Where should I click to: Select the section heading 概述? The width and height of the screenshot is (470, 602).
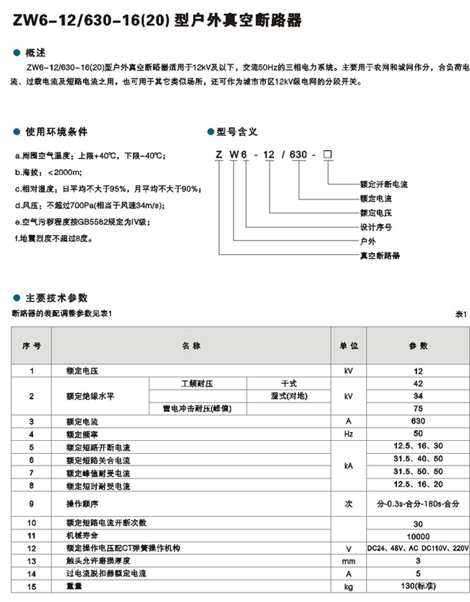[x=35, y=53]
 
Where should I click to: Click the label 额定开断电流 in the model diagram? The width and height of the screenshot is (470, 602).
[x=384, y=184]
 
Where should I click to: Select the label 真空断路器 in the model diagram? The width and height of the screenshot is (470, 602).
[x=380, y=256]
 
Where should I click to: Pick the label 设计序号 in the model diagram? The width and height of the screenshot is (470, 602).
[x=376, y=227]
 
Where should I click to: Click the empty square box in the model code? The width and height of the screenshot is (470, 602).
[x=329, y=155]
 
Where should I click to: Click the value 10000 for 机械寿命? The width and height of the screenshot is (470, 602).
[x=419, y=536]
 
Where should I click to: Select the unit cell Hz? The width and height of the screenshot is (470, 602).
[x=350, y=434]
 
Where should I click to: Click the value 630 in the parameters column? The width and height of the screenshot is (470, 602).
[x=419, y=421]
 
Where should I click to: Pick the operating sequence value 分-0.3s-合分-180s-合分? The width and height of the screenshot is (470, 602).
[x=419, y=502]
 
